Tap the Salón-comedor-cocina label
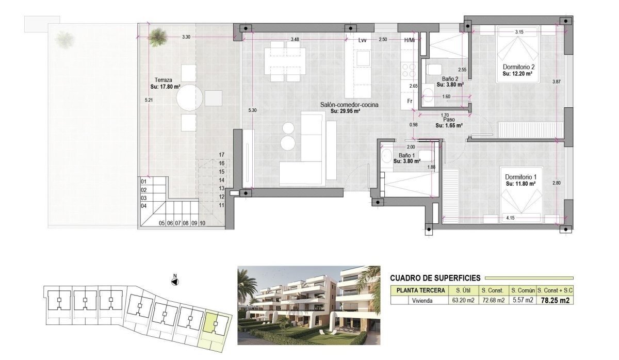349,105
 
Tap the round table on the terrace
189,97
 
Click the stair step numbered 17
221,155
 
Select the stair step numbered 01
144,182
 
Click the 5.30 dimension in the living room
252,110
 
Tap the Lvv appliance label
362,40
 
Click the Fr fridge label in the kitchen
410,101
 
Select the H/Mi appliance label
410,40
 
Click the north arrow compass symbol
175,282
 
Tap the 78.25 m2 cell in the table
555,301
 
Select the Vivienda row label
419,301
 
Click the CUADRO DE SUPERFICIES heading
435,278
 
